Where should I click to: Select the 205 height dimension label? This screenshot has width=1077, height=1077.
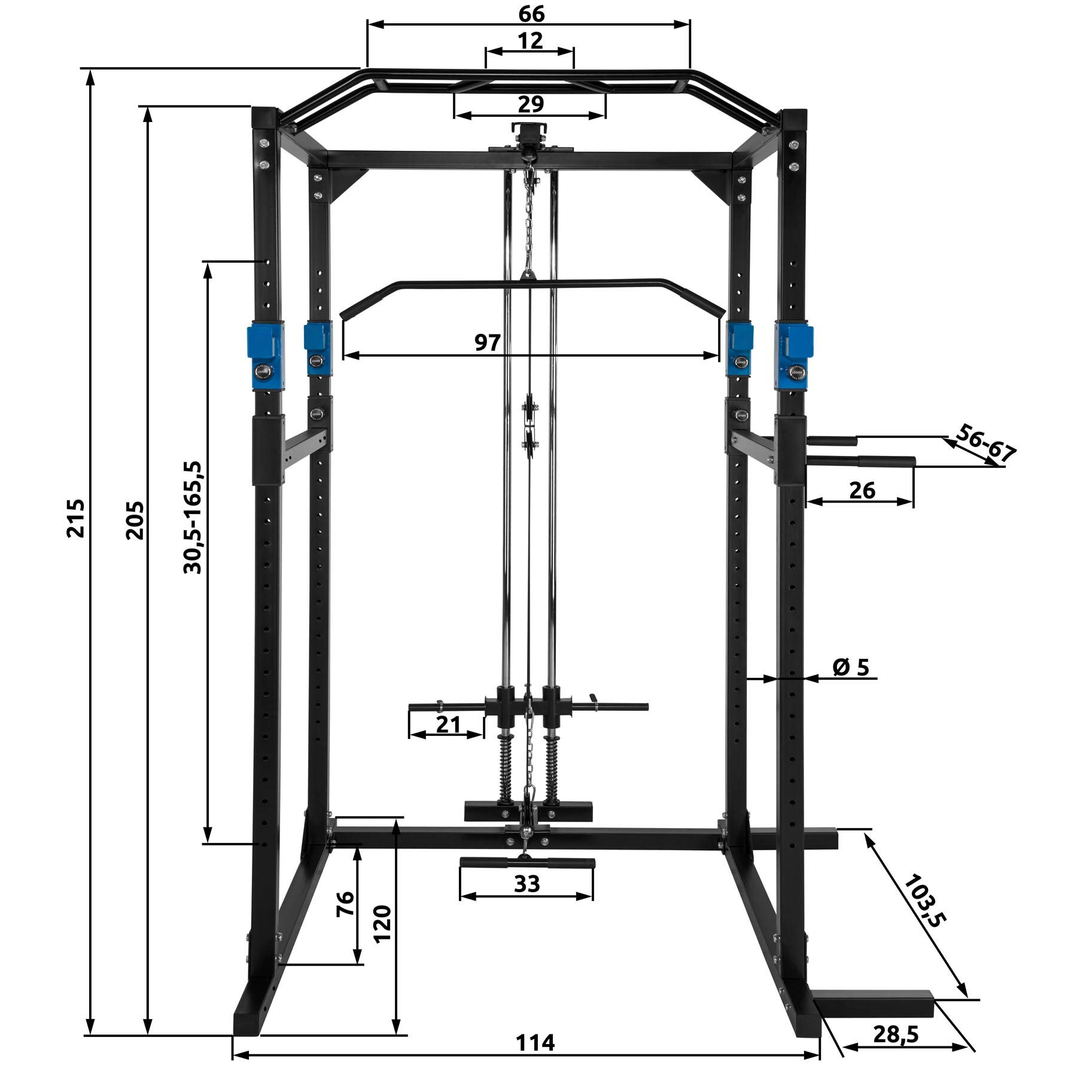click(x=135, y=520)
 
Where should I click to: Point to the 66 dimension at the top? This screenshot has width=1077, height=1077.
click(x=531, y=13)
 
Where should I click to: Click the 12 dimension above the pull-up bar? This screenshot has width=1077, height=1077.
click(x=530, y=40)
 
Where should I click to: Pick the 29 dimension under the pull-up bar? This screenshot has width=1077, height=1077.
click(x=531, y=104)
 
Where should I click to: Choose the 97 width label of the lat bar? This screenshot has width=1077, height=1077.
click(x=488, y=342)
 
